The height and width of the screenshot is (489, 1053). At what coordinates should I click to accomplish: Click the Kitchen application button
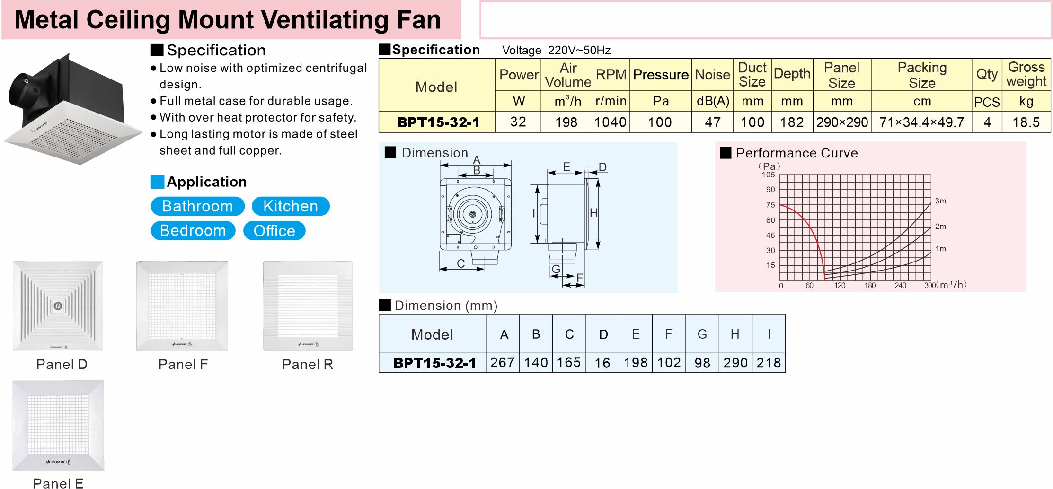291,206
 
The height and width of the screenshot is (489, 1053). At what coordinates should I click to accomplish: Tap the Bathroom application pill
197,206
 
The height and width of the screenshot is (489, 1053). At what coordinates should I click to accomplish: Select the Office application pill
274,231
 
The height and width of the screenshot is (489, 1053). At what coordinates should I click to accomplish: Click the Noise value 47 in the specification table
712,122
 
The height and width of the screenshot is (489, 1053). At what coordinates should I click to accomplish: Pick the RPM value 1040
611,122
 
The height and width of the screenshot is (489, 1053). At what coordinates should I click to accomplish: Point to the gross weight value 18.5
1026,122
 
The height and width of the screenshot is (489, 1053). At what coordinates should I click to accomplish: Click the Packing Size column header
922,75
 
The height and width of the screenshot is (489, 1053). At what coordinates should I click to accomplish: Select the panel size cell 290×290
842,122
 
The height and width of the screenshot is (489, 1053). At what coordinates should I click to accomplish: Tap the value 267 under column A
502,363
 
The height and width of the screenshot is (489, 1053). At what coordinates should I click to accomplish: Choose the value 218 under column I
769,363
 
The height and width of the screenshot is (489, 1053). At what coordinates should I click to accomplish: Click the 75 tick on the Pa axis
770,205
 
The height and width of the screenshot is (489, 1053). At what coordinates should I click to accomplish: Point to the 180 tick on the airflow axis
870,286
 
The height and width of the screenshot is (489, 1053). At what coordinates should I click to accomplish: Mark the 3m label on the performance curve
940,201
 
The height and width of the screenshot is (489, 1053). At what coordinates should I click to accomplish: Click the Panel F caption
183,364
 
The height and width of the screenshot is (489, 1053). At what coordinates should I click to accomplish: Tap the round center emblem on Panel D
58,306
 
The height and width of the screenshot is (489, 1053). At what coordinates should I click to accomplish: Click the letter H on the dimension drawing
593,213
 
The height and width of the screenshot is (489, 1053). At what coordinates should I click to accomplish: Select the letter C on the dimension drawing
460,263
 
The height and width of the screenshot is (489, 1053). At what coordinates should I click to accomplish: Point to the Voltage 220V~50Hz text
556,50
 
